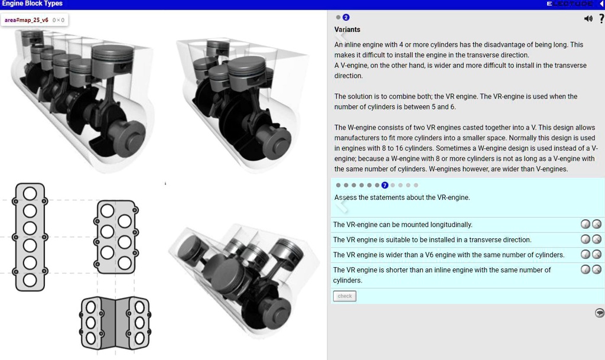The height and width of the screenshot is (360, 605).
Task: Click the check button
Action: (x=344, y=296)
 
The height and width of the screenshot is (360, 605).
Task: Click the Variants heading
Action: (x=347, y=30)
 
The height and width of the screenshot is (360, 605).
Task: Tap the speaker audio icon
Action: (x=588, y=18)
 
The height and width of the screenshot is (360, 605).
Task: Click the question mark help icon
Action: (x=601, y=18)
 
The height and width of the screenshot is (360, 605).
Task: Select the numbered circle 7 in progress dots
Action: (x=385, y=185)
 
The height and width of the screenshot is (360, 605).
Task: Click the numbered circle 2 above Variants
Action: (x=346, y=18)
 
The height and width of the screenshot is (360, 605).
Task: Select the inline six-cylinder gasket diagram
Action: (x=30, y=236)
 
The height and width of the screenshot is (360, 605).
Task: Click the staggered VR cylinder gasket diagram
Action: (x=116, y=236)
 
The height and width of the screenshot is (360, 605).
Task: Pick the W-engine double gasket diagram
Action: (x=115, y=323)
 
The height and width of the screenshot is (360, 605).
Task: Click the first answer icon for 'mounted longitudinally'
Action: (x=585, y=225)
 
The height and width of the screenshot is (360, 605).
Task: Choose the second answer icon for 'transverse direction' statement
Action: (x=597, y=239)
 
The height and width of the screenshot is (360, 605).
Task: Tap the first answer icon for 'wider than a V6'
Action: (x=585, y=255)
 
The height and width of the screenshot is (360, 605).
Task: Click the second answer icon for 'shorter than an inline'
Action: (x=597, y=270)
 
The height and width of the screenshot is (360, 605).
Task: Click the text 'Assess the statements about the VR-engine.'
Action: (x=402, y=197)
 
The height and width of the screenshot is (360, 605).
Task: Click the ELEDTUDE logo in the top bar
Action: (x=570, y=4)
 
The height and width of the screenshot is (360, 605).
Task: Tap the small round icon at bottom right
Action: (x=599, y=313)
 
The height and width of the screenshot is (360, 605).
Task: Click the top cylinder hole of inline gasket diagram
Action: (x=30, y=193)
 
